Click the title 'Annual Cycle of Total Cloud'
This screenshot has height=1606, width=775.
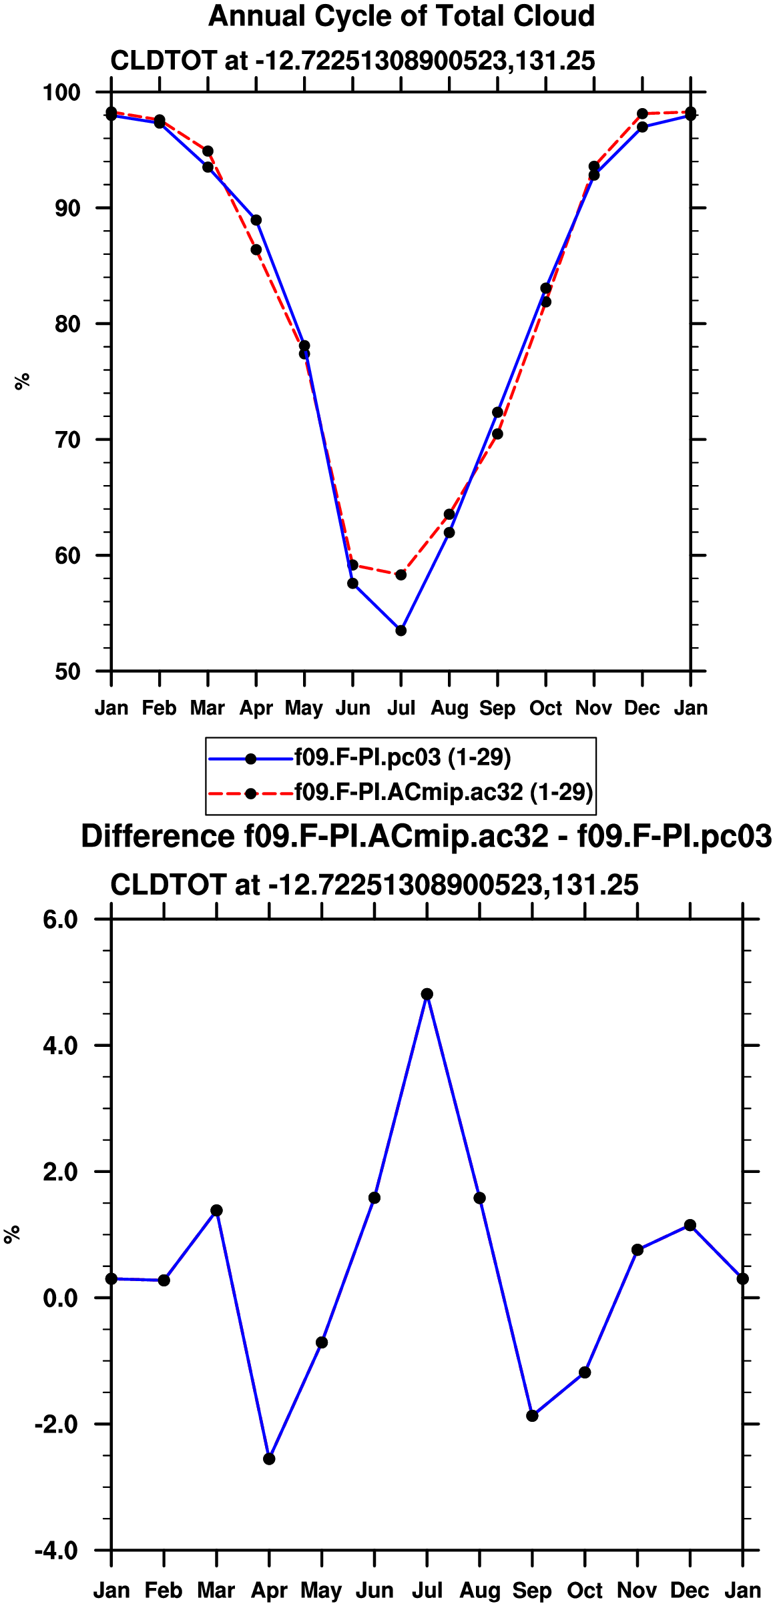pos(401,16)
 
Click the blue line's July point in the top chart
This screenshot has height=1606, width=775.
pos(401,631)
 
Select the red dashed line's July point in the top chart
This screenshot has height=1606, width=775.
pos(401,574)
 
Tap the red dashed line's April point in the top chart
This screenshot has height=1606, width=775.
pos(256,250)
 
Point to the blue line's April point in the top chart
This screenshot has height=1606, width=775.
pos(256,220)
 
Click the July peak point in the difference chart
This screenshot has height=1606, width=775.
pos(427,994)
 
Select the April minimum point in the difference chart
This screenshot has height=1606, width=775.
pos(269,1459)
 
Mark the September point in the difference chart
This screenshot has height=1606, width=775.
pos(532,1416)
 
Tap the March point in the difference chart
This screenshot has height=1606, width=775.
pos(216,1210)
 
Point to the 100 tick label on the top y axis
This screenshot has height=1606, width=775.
pos(61,93)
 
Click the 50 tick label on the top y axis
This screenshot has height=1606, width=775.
pos(67,671)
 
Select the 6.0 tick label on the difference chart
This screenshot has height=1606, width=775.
pos(61,920)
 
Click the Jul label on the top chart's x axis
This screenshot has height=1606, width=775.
pos(401,708)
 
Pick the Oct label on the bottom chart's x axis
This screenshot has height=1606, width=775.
pos(585,1591)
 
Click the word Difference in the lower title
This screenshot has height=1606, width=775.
pos(158,836)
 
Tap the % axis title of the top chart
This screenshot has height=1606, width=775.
pos(23,381)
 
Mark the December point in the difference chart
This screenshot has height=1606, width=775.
pos(690,1225)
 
